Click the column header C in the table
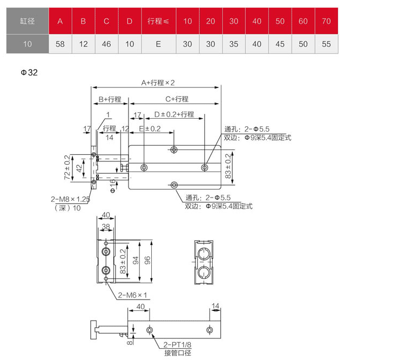[106, 21]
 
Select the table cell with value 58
[60, 44]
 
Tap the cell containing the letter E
[158, 44]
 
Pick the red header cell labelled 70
[326, 21]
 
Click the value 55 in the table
[326, 44]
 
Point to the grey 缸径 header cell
[28, 21]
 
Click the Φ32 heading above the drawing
[29, 72]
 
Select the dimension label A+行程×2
[158, 83]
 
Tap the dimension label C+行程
[177, 99]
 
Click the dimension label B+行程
[110, 99]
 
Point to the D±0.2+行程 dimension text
[174, 114]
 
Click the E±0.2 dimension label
[150, 128]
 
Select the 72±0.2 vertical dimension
[68, 167]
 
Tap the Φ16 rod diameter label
[113, 186]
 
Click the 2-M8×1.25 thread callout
[71, 199]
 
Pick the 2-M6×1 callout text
[132, 295]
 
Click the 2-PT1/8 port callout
[178, 345]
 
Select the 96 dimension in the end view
[147, 260]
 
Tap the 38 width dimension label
[106, 226]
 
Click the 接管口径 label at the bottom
[178, 353]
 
